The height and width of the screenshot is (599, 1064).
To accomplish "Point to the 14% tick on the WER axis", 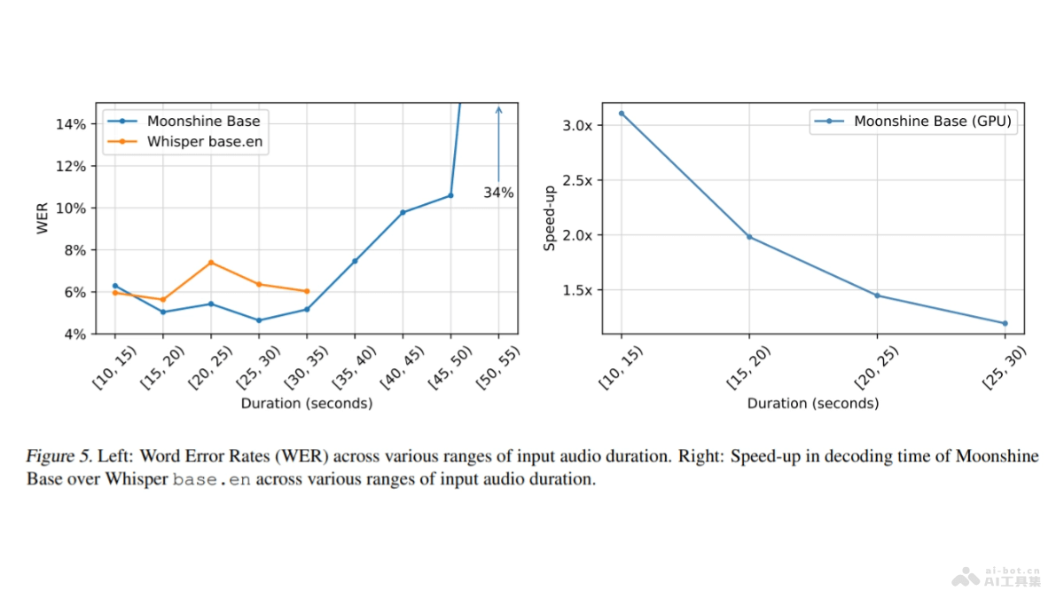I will [x=70, y=124].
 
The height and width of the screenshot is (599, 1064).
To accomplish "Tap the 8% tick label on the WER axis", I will [x=74, y=250].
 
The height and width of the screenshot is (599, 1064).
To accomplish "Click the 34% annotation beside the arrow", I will [x=498, y=193].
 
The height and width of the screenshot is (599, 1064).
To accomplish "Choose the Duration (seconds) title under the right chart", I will [x=812, y=404].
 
